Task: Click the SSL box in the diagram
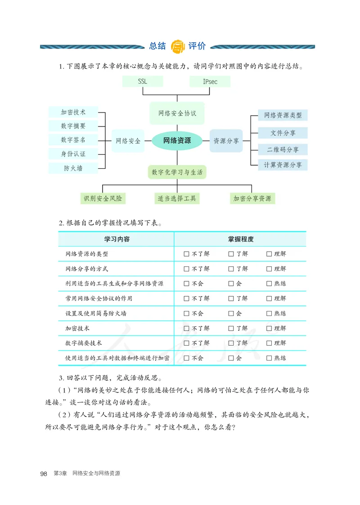pos(143,81)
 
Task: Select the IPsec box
pos(210,81)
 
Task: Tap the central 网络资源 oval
pos(177,140)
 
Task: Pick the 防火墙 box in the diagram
pos(73,168)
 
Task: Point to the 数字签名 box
pos(73,140)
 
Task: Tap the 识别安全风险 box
pos(103,198)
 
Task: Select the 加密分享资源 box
pos(252,198)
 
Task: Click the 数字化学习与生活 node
pos(177,172)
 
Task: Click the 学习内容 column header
pos(117,239)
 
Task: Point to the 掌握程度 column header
pos(240,239)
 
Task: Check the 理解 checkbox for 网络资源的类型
pos(269,254)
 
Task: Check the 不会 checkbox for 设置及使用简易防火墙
pos(186,313)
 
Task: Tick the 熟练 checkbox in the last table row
pos(269,358)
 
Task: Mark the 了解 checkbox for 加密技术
pos(231,329)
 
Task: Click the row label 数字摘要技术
pos(84,343)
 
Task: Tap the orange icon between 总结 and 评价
pos(179,46)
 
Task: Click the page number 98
pos(44,473)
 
